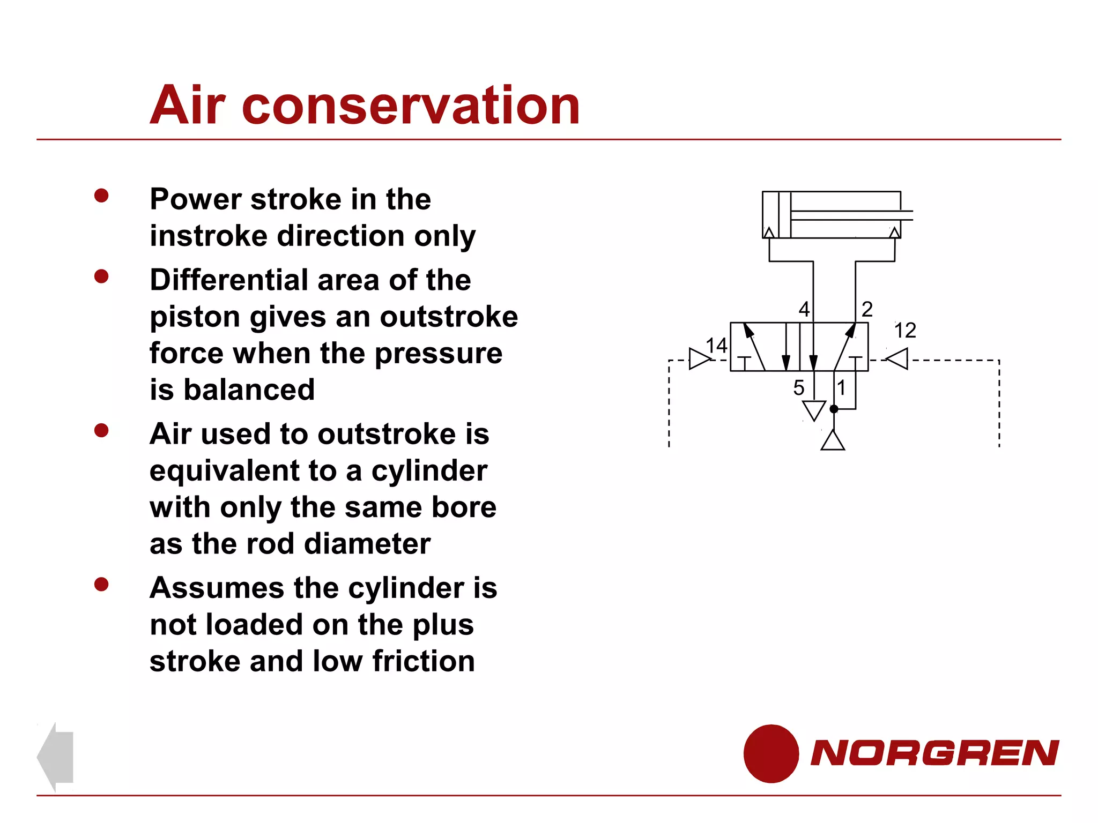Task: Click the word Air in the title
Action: (x=188, y=106)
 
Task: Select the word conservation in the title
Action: (x=411, y=106)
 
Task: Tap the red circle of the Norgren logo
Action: (x=771, y=753)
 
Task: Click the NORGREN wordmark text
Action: (x=934, y=753)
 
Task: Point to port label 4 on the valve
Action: (x=804, y=309)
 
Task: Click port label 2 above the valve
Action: (x=867, y=309)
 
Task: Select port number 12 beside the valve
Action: (x=905, y=331)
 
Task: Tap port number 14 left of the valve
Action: (x=716, y=346)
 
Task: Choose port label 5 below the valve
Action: (x=799, y=388)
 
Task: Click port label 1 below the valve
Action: (x=842, y=387)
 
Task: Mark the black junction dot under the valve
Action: (x=834, y=409)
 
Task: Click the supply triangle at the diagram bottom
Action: (x=833, y=442)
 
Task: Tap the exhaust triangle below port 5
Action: (x=814, y=410)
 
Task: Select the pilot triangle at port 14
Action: (x=699, y=359)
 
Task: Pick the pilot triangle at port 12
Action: (x=899, y=359)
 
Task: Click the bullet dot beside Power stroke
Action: (x=101, y=196)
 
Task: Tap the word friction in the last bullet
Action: (x=424, y=661)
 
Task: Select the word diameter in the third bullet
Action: (x=367, y=544)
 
